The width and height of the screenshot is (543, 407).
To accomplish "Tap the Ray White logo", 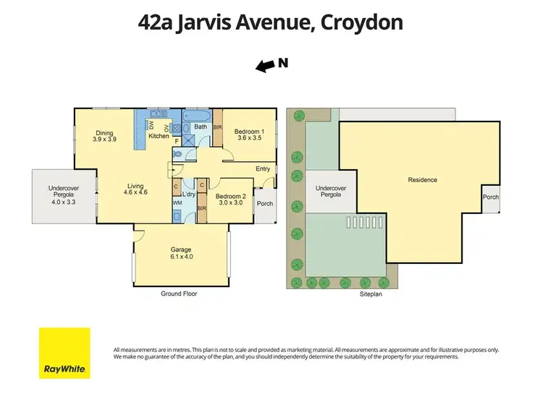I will [64, 353].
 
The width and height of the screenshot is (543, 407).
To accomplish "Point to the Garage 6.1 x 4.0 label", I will [181, 253].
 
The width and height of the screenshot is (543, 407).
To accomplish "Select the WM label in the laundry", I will [177, 203].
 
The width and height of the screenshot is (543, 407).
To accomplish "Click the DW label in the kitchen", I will [151, 125].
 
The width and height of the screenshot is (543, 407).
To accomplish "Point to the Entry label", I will [262, 169].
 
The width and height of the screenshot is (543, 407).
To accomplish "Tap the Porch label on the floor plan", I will [265, 203].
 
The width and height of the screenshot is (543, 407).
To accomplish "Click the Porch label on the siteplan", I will [491, 197].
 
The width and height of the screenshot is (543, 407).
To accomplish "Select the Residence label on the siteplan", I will [422, 179].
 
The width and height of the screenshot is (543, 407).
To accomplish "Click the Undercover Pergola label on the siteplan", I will [330, 192].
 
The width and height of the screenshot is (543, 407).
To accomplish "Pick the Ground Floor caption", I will [179, 294].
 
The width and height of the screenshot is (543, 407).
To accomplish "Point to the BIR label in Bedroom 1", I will [216, 127].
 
